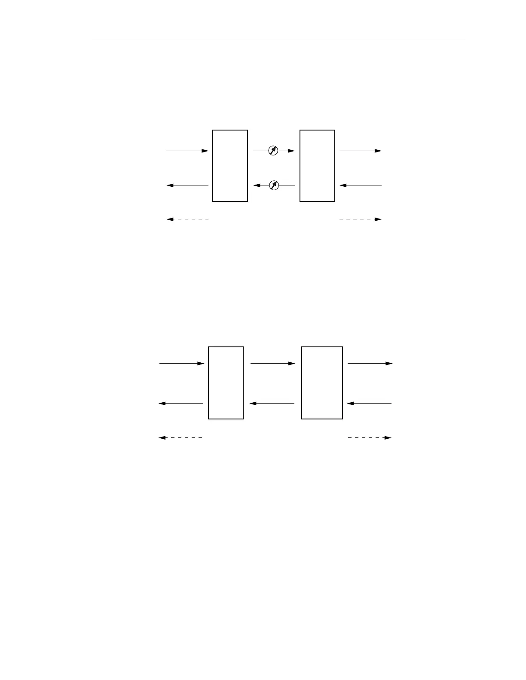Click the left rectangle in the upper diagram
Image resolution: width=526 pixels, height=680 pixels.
pos(230,165)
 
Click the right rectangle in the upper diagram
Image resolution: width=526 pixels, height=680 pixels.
pos(317,165)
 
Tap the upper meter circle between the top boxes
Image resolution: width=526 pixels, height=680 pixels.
pos(273,151)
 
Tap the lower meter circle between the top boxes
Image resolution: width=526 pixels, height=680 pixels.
pos(274,185)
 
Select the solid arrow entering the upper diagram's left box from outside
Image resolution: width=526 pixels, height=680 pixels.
pos(187,151)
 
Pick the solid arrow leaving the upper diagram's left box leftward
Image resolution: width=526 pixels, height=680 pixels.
pos(187,185)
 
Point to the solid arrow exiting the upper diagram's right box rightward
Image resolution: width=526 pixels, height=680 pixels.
pos(360,151)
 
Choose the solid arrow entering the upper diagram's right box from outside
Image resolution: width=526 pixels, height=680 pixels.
pos(360,185)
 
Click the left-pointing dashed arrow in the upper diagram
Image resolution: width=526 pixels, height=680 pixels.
pos(187,219)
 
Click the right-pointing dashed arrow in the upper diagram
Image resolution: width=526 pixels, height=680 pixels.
pos(360,219)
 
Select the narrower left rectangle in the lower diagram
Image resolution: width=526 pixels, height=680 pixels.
pos(226,382)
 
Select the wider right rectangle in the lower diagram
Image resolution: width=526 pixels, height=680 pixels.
pos(322,382)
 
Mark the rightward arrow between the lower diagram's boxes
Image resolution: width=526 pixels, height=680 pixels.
pos(272,364)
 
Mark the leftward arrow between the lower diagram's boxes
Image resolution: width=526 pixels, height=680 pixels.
pos(272,404)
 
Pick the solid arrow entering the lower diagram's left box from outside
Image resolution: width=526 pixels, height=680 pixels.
pos(182,364)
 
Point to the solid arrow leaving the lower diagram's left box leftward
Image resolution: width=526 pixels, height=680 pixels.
pos(181,404)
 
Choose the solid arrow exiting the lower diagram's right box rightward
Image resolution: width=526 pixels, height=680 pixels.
pos(370,364)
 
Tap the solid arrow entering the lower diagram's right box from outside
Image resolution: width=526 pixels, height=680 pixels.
pos(369,404)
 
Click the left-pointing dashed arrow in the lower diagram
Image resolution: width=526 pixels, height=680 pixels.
pos(181,438)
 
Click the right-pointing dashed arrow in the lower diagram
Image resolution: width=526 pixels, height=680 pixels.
pos(369,438)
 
